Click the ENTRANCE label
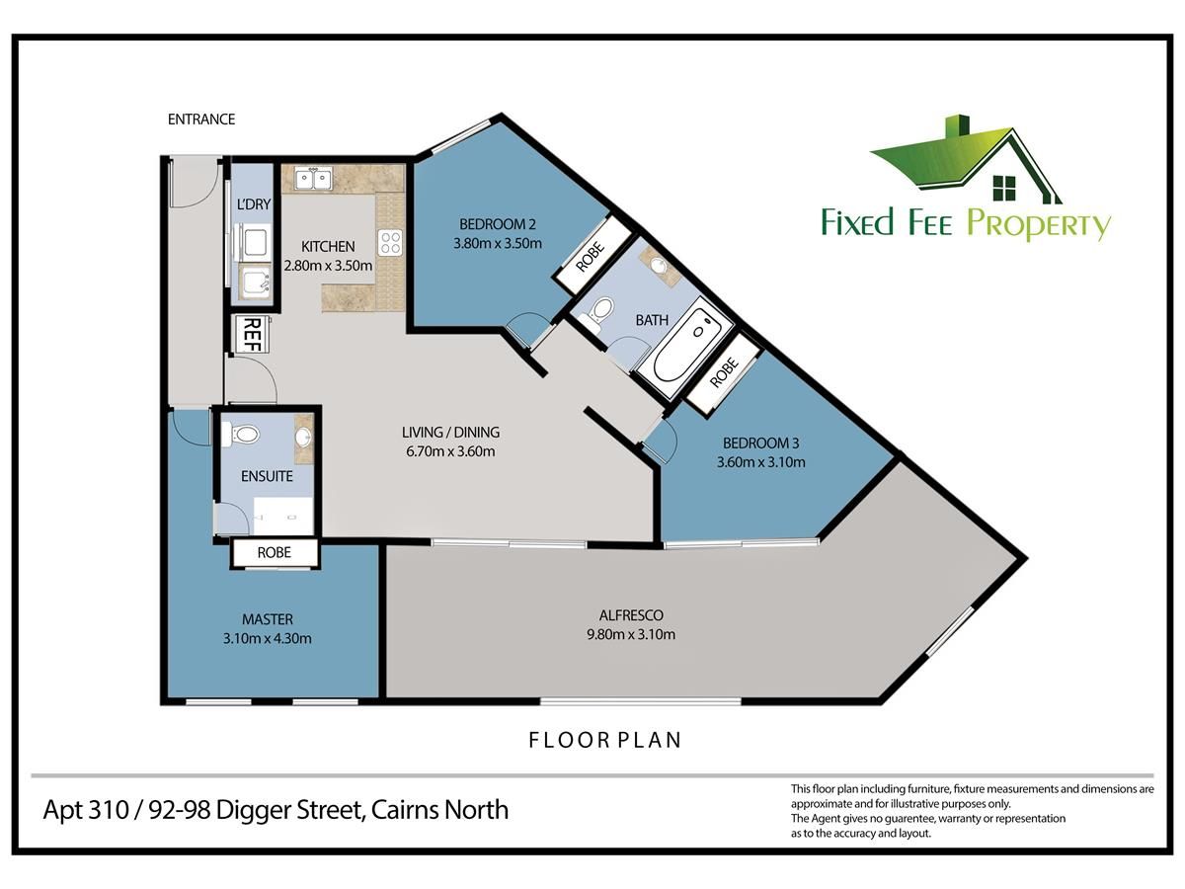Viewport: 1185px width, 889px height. (x=201, y=119)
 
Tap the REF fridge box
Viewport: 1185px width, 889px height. (x=252, y=334)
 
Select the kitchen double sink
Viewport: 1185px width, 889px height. (x=314, y=179)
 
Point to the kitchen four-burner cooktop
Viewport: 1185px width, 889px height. (x=390, y=242)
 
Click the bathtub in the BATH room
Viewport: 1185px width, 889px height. (x=685, y=348)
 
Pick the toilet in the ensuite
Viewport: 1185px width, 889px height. (x=240, y=434)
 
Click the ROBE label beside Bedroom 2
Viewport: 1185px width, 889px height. (x=590, y=257)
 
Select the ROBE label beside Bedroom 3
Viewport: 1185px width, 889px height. (x=724, y=372)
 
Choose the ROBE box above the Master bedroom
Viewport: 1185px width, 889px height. (x=275, y=553)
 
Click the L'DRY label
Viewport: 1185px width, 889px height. (x=254, y=204)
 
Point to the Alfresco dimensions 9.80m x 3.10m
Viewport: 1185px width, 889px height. (x=631, y=634)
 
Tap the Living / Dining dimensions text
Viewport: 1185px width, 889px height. (x=450, y=451)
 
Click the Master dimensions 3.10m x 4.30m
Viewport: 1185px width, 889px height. (x=268, y=638)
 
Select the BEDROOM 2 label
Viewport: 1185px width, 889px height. (x=498, y=224)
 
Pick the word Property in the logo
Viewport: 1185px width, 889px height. (x=1039, y=224)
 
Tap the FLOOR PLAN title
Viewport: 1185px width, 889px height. (x=604, y=740)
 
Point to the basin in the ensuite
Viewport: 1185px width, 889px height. (x=303, y=437)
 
